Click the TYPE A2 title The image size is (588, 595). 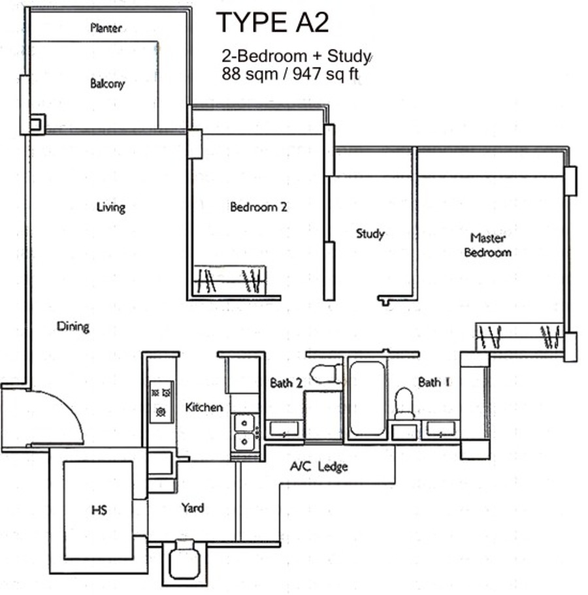pos(272,22)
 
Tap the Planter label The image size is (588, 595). pos(106,27)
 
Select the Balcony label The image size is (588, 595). pos(107,84)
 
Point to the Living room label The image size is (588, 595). pos(111,207)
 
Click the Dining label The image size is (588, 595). pos(73,327)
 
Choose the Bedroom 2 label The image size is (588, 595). pos(259,207)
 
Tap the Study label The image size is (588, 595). pos(370,233)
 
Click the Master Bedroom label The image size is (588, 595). pos(488,245)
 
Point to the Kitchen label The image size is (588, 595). pos(204,407)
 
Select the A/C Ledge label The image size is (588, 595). pos(319,466)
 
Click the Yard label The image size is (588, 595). pos(193,507)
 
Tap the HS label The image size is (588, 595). pos(99,510)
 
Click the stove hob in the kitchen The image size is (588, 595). pos(162,402)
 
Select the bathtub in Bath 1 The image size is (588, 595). pos(367,398)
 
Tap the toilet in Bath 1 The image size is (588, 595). pos(404,404)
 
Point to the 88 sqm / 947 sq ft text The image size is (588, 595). pos(290,74)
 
